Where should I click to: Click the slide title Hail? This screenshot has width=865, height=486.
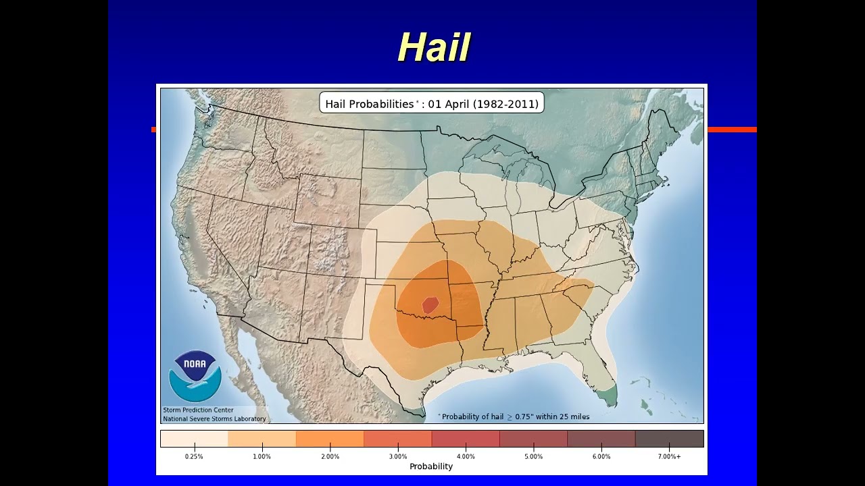(433, 48)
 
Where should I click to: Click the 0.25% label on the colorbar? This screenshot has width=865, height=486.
(194, 457)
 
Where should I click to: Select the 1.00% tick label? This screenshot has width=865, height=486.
(262, 457)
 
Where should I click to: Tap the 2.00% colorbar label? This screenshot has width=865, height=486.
(330, 457)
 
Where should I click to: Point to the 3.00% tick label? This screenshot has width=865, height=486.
(397, 457)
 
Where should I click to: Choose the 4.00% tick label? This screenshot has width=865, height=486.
(466, 457)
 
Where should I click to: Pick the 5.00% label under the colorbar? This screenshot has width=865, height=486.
(533, 457)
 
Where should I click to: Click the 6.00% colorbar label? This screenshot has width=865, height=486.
(601, 457)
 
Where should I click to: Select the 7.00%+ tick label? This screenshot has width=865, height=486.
(670, 457)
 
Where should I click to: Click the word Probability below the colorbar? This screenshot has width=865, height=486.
(431, 466)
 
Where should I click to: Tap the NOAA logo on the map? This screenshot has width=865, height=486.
(195, 376)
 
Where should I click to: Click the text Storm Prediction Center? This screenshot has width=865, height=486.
(198, 410)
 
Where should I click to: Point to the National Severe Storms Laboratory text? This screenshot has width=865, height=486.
(214, 418)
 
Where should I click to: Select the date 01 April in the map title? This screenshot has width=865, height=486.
(449, 104)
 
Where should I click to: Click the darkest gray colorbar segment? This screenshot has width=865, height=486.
(669, 439)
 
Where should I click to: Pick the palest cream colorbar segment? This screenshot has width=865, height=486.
(194, 439)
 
